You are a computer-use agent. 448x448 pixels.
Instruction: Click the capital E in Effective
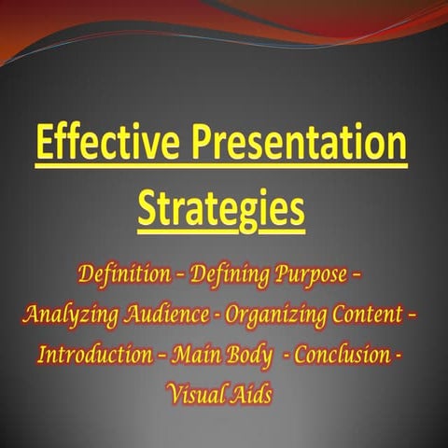coord(46,146)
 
